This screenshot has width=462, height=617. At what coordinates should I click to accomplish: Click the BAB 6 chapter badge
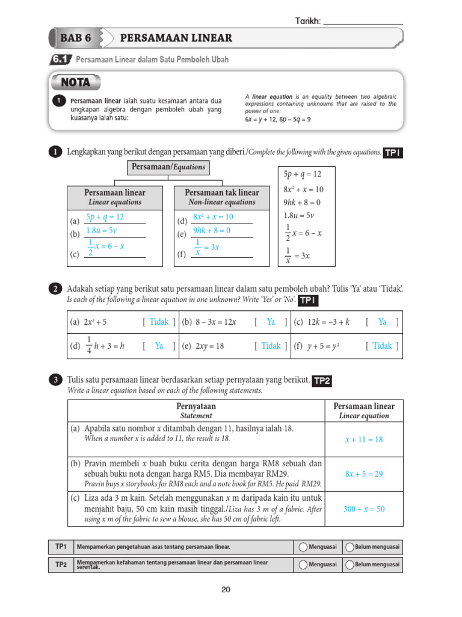tap(76, 38)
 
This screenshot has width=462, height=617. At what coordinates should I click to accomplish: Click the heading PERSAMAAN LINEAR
tap(176, 38)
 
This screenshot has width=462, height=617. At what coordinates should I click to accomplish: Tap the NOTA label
tap(76, 82)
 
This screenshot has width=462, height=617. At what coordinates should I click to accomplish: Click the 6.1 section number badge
tap(61, 60)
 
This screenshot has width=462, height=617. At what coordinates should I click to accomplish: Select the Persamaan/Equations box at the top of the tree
tap(168, 167)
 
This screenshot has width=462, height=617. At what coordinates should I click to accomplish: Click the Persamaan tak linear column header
tap(214, 196)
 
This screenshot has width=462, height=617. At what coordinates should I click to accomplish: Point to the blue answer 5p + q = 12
tap(105, 217)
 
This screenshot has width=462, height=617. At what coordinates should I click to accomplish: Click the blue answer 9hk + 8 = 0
tap(212, 230)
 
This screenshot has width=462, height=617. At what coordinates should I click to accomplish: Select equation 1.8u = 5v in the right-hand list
tap(300, 215)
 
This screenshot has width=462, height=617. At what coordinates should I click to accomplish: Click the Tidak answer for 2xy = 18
tap(271, 346)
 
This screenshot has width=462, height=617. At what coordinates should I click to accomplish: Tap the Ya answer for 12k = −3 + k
tap(382, 322)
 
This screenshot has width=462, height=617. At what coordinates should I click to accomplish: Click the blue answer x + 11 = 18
tap(363, 439)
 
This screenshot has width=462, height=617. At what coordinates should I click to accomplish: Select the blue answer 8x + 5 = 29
tap(363, 474)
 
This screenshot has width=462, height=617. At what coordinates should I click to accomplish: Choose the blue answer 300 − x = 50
tap(363, 509)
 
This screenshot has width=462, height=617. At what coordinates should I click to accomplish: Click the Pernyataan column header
tap(196, 410)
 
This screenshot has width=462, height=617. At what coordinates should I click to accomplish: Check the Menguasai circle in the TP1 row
tap(302, 547)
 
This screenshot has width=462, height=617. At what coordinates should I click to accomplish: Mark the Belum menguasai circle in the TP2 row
tap(348, 565)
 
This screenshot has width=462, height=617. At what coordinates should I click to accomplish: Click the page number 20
tap(226, 590)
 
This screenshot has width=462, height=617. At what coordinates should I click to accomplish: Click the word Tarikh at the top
tap(307, 21)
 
